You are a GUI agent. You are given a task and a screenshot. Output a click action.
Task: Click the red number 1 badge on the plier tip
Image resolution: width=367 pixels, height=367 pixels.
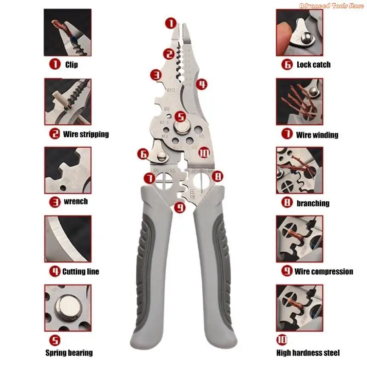[x=170, y=22]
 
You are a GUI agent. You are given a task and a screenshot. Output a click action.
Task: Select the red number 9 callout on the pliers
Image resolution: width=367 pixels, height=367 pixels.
[x=180, y=208]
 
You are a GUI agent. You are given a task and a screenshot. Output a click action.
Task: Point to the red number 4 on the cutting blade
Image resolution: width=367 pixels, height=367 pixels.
[x=201, y=84]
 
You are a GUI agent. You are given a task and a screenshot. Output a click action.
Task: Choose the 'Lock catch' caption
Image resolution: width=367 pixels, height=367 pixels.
[x=313, y=65]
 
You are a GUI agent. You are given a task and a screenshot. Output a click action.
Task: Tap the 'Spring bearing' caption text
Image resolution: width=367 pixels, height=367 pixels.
[x=69, y=353]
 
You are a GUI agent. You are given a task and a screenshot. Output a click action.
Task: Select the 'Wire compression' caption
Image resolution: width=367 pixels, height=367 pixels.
[x=324, y=272]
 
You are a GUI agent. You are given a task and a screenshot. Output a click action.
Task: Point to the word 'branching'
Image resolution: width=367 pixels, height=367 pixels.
[x=313, y=203]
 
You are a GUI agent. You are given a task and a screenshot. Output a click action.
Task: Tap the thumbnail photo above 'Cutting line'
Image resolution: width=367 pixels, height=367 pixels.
[x=68, y=239]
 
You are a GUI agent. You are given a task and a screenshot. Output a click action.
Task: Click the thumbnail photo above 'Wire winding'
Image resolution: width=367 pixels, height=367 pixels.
[x=299, y=101]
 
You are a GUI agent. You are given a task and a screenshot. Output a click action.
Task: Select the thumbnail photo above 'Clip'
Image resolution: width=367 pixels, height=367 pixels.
[x=68, y=33]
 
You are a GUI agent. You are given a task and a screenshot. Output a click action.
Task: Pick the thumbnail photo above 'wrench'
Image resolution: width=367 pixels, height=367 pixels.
[x=68, y=170]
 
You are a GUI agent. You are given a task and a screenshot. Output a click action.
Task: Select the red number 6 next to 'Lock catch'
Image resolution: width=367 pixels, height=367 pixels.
[x=287, y=65]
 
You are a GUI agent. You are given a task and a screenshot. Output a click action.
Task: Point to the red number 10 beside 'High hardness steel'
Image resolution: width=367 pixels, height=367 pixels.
[x=282, y=340]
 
